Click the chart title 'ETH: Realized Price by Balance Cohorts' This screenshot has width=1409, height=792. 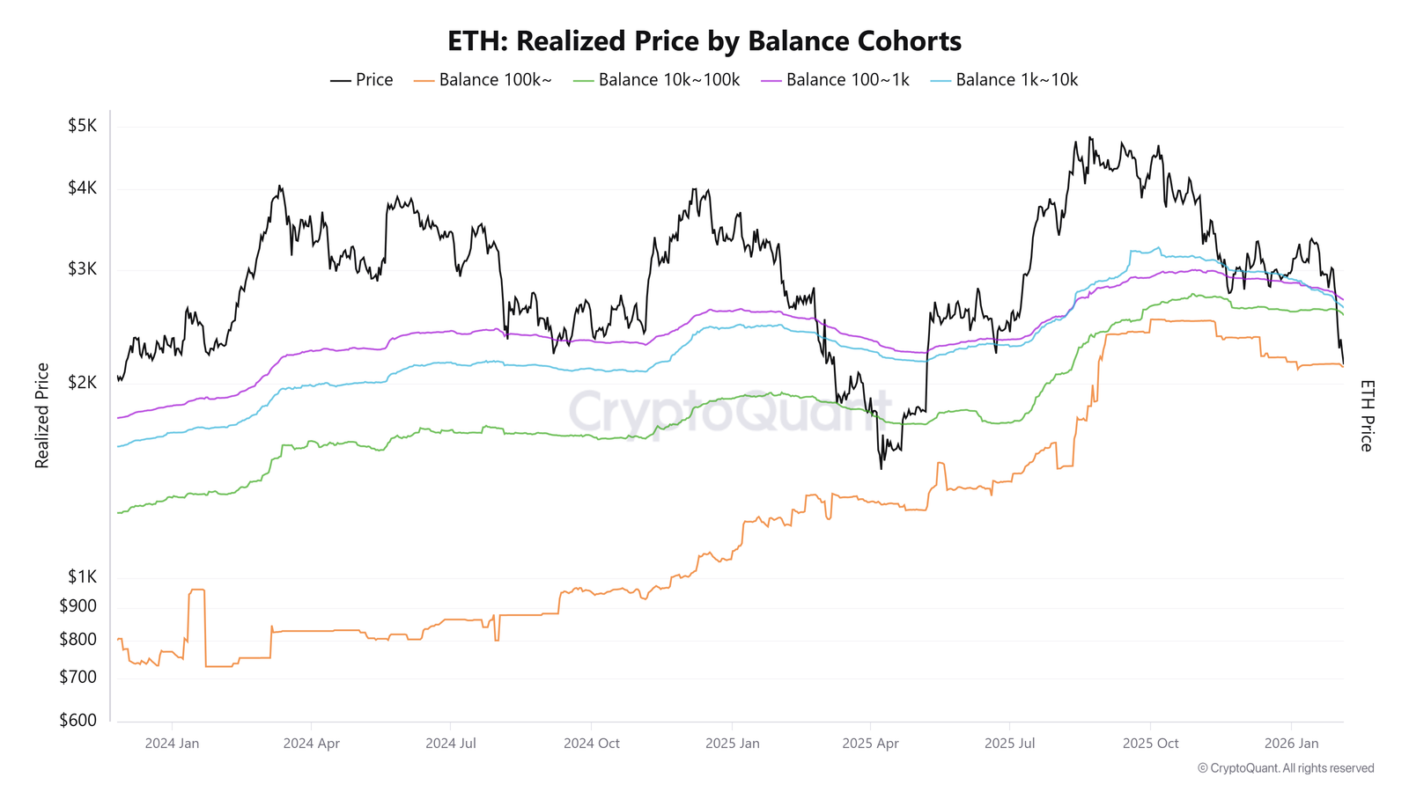704,41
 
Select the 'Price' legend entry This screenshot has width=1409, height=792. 362,80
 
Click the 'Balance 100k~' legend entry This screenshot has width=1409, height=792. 483,80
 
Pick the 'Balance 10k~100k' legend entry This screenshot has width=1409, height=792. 657,80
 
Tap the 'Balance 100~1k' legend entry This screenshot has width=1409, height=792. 836,80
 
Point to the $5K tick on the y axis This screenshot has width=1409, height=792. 82,126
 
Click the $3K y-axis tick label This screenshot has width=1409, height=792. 82,269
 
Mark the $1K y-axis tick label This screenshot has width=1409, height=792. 82,577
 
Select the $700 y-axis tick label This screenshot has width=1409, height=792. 78,678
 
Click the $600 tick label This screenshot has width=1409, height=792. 78,721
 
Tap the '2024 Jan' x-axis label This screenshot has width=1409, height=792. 172,744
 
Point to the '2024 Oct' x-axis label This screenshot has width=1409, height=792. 591,744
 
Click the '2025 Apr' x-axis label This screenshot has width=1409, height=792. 870,744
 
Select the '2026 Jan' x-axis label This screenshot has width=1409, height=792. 1291,744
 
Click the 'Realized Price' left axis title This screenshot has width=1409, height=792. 41,415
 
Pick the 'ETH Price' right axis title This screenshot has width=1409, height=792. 1366,415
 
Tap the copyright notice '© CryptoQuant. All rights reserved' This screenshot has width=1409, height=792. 1286,768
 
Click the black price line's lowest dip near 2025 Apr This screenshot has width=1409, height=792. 881,468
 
